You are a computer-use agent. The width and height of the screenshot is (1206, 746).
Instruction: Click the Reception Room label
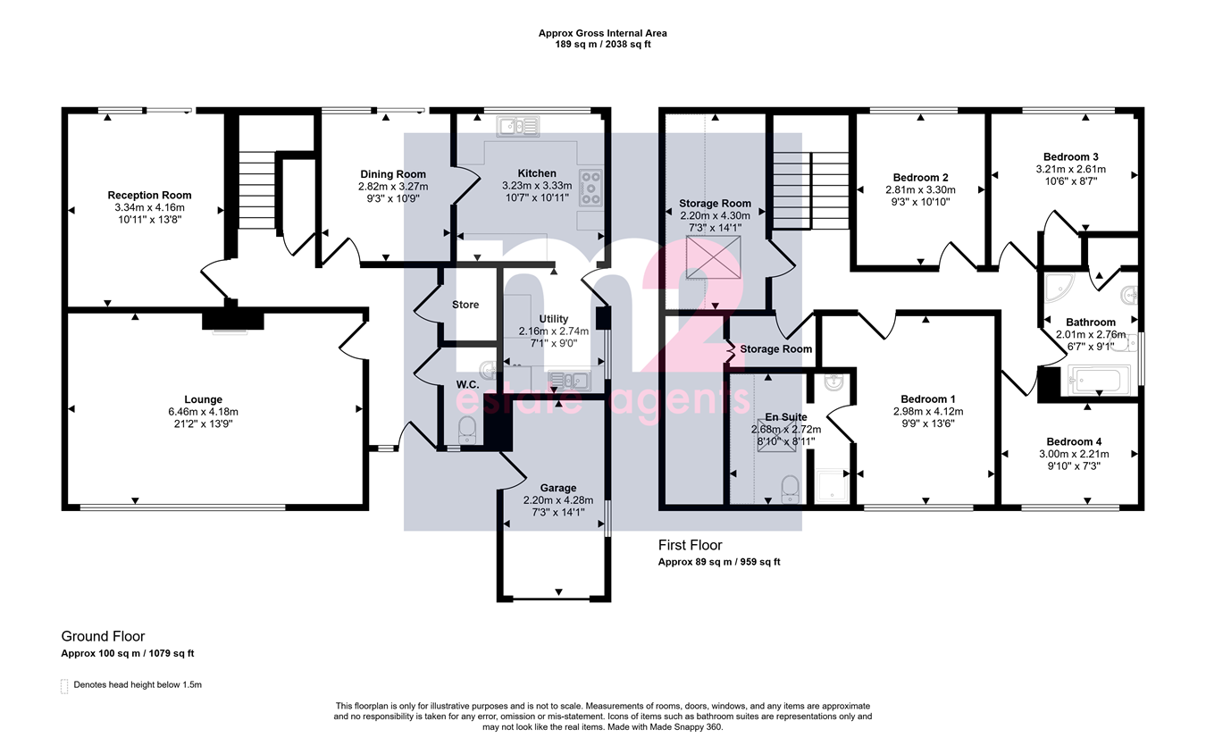click(x=149, y=195)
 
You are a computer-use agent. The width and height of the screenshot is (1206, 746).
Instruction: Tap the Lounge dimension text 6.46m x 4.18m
click(x=203, y=412)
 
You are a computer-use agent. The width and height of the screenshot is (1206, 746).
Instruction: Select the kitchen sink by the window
click(x=518, y=127)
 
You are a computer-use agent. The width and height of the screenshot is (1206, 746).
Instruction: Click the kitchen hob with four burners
click(x=590, y=188)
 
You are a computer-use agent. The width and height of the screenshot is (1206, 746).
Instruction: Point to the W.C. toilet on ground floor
click(x=467, y=431)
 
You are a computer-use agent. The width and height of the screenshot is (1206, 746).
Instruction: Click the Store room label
click(x=465, y=305)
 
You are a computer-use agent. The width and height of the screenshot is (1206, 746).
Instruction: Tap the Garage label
click(x=558, y=488)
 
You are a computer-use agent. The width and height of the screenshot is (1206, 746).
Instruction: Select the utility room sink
click(x=569, y=381)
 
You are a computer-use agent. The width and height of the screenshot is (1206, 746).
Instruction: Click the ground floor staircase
click(x=256, y=190)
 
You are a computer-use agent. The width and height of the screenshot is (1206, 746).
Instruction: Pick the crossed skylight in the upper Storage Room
click(x=714, y=257)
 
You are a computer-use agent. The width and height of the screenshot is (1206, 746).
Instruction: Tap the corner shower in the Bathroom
click(x=1058, y=287)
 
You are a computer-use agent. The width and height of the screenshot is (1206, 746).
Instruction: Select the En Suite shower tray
click(x=832, y=487)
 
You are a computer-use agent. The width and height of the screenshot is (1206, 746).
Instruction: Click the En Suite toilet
click(x=790, y=489)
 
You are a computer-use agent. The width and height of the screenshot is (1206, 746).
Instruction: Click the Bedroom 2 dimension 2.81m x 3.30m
click(x=921, y=189)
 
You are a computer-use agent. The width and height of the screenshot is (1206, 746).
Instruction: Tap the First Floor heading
click(x=691, y=545)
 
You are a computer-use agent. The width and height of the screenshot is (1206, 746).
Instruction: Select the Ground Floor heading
click(x=103, y=636)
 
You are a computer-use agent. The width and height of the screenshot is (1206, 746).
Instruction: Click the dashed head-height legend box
click(x=64, y=686)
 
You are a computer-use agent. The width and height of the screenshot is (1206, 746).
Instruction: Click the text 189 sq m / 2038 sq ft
click(x=603, y=44)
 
